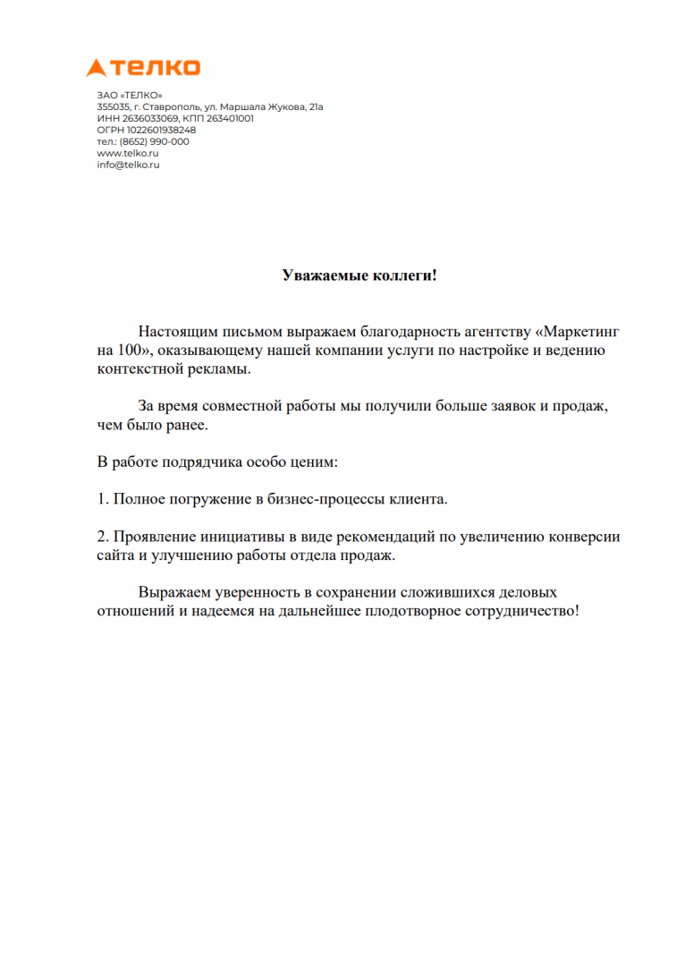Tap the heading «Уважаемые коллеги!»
359,275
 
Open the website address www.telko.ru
128,153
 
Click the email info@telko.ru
128,165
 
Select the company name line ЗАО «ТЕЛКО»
129,95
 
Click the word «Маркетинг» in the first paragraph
582,332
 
